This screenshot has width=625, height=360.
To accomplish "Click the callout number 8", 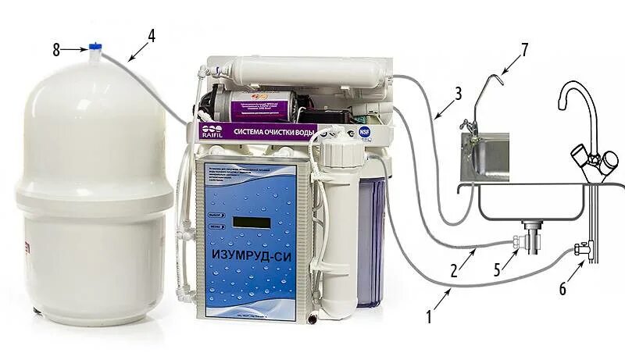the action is point(56,50).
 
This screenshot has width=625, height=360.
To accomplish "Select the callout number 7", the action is point(524,49).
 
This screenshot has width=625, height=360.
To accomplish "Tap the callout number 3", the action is point(459,92).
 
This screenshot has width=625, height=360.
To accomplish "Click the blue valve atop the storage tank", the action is point(95,48).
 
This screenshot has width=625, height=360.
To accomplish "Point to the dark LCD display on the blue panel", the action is point(251,222).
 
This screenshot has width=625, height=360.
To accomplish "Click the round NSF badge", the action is point(364,133).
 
